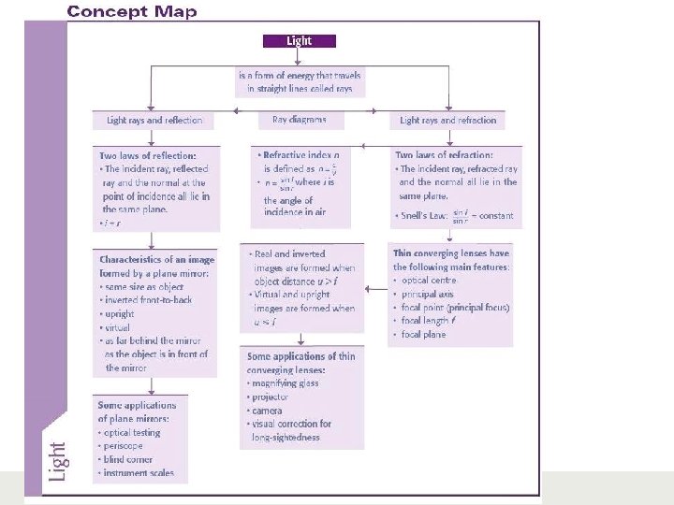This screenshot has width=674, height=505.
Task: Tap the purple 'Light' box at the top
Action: coord(298,41)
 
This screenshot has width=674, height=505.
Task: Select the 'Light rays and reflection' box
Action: coord(154,121)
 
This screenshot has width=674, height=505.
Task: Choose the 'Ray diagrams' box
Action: coord(300,120)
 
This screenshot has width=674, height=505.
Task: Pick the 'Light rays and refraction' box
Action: coord(447,121)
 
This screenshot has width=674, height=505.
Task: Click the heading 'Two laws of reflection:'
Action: coord(148,155)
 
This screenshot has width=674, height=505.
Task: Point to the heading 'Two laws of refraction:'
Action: coord(444,155)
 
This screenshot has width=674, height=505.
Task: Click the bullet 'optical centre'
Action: coord(430,281)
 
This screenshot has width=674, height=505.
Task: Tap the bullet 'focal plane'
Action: coord(424,334)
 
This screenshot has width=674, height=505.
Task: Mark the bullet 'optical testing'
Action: coord(134,432)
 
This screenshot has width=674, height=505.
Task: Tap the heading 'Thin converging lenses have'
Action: coord(451,253)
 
